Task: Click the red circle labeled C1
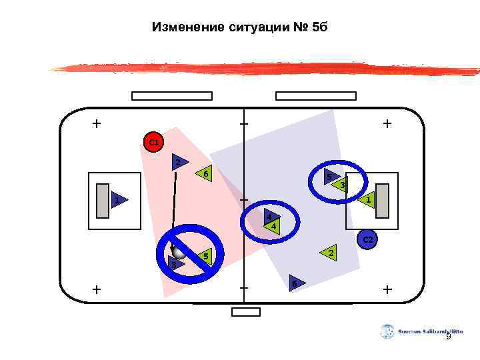tap(153, 142)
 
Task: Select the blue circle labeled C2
tap(367, 239)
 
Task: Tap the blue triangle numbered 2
tap(178, 162)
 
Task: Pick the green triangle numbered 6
tap(205, 173)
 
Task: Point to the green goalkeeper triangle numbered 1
tap(367, 199)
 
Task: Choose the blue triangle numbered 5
tap(329, 177)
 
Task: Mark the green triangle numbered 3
tap(341, 185)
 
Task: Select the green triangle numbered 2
tap(329, 252)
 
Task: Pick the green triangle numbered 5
tap(205, 256)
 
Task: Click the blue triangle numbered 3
tap(175, 265)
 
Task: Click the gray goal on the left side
tap(102, 200)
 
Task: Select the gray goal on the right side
tap(383, 200)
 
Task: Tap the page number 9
tap(448, 337)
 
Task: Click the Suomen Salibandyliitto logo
tap(387, 331)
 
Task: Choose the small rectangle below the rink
tap(245, 311)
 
